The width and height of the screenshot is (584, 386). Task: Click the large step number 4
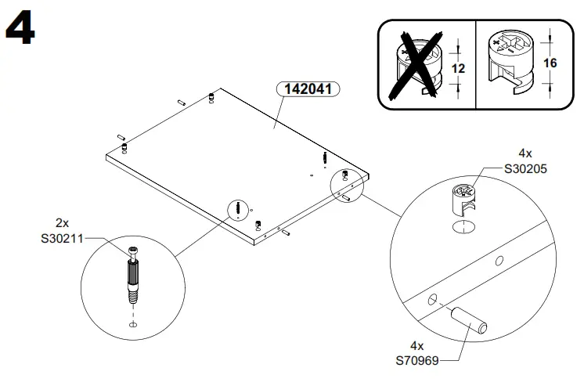point(20,31)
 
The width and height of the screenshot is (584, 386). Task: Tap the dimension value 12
point(459,69)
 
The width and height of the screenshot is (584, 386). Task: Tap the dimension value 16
point(550,63)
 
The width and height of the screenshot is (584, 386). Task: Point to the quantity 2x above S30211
point(63,222)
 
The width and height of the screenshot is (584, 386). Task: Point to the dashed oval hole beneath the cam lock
point(463,228)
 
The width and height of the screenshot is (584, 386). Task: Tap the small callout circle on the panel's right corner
point(344,182)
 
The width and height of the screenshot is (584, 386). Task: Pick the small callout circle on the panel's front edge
point(237,209)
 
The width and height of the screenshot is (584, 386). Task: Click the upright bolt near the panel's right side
point(324,159)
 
